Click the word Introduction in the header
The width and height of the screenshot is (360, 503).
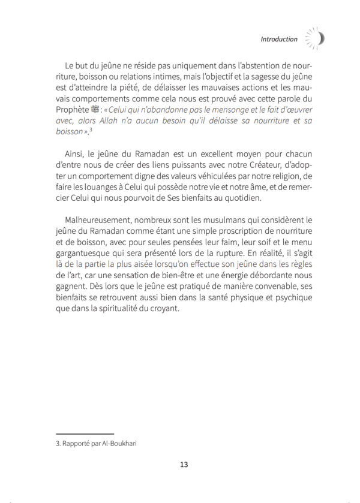coord(279,39)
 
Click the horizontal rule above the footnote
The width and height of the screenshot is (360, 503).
coord(84,432)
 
